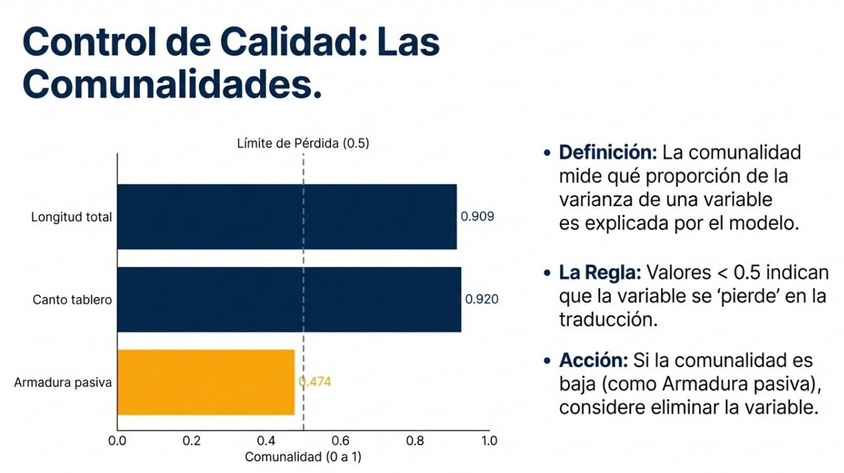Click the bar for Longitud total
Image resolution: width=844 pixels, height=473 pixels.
287,217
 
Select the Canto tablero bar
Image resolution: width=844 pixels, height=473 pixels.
289,299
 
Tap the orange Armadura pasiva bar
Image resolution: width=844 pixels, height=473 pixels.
206,382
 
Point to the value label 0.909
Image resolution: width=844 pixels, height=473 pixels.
477,217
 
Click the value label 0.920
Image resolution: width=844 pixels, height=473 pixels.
482,299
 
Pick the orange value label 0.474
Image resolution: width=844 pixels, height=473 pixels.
315,382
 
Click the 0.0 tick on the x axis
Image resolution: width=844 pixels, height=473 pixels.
117,440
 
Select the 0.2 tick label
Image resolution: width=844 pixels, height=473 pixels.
192,440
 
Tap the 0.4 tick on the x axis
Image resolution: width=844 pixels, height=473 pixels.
266,440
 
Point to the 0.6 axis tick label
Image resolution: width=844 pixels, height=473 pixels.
341,440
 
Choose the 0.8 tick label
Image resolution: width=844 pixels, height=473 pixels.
415,440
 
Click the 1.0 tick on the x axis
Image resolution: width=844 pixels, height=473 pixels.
489,440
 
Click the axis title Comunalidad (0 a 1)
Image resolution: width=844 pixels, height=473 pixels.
303,457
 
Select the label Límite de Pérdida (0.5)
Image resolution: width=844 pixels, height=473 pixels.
303,143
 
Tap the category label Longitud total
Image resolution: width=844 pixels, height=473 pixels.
71,217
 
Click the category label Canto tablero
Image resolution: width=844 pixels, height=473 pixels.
72,299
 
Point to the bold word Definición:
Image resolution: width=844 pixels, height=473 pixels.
608,152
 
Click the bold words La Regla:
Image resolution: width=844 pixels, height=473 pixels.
600,273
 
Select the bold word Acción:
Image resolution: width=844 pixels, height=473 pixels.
594,360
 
